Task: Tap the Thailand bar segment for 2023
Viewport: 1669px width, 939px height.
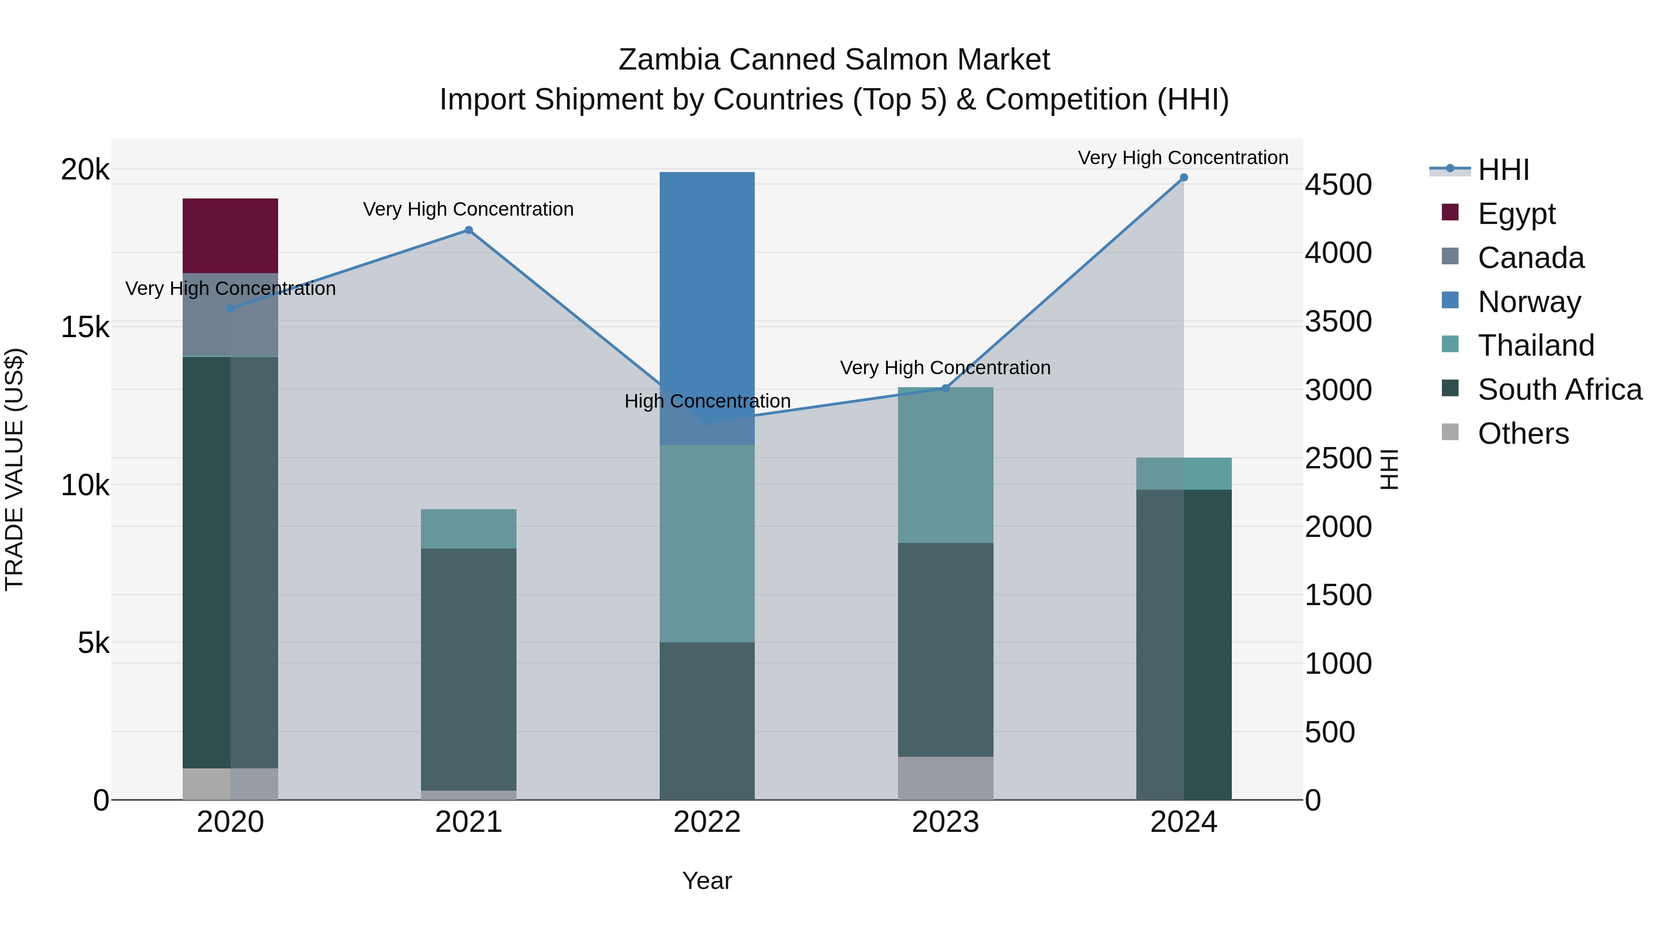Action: click(x=945, y=465)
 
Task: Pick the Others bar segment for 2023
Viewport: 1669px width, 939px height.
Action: click(x=945, y=778)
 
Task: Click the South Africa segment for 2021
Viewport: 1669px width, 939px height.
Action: click(x=468, y=669)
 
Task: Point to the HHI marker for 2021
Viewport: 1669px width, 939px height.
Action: click(x=468, y=230)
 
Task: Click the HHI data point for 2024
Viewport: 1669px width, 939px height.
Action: click(x=1184, y=178)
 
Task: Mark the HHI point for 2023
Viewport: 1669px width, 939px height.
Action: click(x=945, y=388)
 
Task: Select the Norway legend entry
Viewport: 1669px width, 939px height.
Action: click(x=1529, y=302)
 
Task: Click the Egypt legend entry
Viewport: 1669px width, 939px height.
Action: click(x=1516, y=214)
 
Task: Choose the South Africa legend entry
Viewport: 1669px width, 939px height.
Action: click(x=1559, y=390)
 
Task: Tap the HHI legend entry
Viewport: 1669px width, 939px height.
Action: click(x=1503, y=170)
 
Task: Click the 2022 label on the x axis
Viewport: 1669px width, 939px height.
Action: click(x=707, y=822)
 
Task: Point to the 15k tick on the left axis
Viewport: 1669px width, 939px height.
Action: click(x=85, y=327)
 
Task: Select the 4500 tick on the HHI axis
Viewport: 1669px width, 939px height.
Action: click(x=1338, y=185)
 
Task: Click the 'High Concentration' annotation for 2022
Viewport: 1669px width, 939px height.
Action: click(x=707, y=401)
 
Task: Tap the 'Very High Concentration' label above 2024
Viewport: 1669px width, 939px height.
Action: click(x=1183, y=158)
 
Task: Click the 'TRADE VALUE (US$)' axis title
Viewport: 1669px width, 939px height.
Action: click(x=14, y=469)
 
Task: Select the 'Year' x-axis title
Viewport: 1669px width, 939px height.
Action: click(x=707, y=881)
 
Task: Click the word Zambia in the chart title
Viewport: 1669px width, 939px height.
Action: click(x=669, y=60)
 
